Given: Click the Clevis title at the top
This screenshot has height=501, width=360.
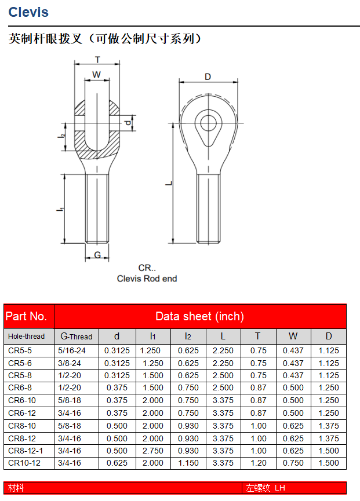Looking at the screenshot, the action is (28, 12).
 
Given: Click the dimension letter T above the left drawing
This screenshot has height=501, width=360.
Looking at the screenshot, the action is (97, 60).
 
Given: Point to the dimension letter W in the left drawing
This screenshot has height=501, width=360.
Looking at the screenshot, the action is (97, 75).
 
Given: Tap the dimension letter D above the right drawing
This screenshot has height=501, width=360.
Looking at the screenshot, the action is (208, 76).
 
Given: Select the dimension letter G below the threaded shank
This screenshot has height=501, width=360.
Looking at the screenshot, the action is (97, 255).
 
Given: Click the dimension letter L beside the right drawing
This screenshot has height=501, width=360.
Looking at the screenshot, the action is (169, 184).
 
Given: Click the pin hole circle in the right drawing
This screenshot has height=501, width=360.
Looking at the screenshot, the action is (208, 123).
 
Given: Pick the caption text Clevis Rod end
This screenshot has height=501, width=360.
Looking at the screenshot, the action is (147, 279).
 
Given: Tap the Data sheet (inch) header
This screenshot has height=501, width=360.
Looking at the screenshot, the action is (200, 316).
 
